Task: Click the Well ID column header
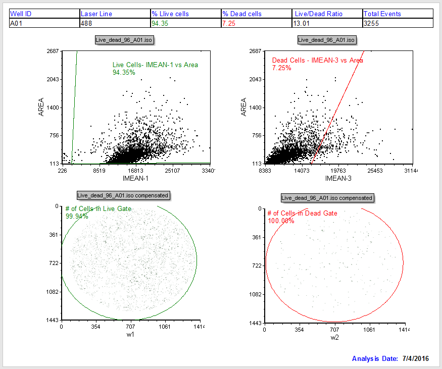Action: pyautogui.click(x=21, y=14)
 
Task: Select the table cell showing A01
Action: pyautogui.click(x=17, y=23)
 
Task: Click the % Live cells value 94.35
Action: pyautogui.click(x=160, y=23)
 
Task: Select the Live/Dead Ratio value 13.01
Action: pyautogui.click(x=302, y=23)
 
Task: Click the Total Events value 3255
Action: pyautogui.click(x=372, y=23)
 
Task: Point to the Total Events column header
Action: pyautogui.click(x=382, y=14)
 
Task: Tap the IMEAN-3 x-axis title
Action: pyautogui.click(x=338, y=179)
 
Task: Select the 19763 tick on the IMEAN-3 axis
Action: pyautogui.click(x=338, y=171)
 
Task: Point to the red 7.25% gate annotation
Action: pyautogui.click(x=281, y=68)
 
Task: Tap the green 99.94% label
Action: pyautogui.click(x=77, y=216)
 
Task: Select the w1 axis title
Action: pyautogui.click(x=130, y=334)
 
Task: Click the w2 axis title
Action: pyautogui.click(x=334, y=337)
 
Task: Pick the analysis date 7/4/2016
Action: pyautogui.click(x=415, y=358)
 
